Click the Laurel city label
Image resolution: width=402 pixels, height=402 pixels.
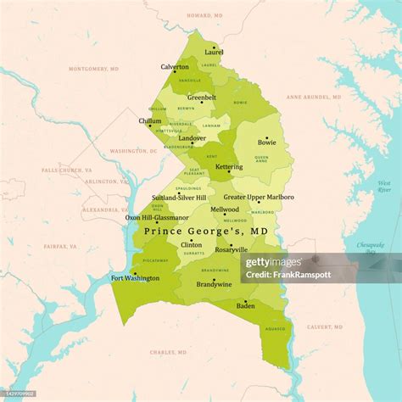[214, 53]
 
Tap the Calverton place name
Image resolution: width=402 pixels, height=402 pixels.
[175, 67]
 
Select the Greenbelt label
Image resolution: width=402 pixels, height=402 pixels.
[201, 98]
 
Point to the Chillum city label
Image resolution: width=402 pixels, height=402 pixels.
[150, 121]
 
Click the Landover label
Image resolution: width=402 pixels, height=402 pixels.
[192, 137]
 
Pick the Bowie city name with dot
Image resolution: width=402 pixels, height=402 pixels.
[266, 142]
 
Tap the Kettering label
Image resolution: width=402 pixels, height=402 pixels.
[228, 167]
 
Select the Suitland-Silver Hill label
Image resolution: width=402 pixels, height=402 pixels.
[179, 198]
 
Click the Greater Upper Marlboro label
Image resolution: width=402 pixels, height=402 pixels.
[259, 197]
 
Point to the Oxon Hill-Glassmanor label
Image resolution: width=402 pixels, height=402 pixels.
[157, 217]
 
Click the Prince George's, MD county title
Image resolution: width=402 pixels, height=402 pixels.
[206, 231]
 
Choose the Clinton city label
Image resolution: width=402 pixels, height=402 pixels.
[191, 244]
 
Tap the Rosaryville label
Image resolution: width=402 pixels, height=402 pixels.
[231, 249]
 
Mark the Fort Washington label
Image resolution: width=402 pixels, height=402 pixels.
[135, 277]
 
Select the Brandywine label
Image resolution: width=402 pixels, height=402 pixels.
[213, 284]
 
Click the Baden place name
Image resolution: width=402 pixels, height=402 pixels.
[245, 305]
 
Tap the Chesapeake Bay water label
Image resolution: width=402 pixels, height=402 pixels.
[370, 248]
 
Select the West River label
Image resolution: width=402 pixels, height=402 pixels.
[384, 187]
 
